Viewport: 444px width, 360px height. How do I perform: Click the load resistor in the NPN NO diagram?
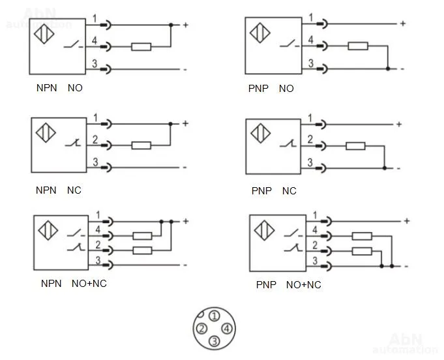(141, 47)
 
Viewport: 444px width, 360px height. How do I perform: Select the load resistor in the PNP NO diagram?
(358, 46)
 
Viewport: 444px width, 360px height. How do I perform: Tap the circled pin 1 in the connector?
(215, 316)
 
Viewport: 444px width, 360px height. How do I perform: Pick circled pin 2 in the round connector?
(201, 329)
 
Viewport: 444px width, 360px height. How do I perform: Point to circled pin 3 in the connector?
(215, 341)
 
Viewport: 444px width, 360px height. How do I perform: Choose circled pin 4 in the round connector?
(227, 329)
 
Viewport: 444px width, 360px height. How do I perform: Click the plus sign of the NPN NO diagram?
(185, 25)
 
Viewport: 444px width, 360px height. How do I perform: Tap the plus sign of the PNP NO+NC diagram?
(407, 221)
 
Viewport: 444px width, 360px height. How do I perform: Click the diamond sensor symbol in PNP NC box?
(260, 133)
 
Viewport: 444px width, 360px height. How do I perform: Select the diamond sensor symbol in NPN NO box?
(44, 34)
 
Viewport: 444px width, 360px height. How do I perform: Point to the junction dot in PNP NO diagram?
(388, 69)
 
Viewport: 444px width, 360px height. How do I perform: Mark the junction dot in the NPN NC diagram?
(170, 124)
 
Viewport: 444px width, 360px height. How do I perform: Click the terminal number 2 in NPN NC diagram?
(95, 140)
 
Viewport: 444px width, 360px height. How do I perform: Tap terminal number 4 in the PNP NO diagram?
(310, 40)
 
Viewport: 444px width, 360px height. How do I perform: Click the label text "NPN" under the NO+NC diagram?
(52, 284)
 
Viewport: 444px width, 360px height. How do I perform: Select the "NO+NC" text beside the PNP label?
(304, 284)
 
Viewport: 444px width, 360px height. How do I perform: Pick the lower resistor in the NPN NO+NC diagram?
(142, 250)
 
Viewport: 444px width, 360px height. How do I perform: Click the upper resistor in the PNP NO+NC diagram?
(362, 236)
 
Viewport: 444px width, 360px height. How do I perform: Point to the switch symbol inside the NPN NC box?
(73, 143)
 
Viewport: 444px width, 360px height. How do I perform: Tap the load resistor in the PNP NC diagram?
(355, 146)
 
